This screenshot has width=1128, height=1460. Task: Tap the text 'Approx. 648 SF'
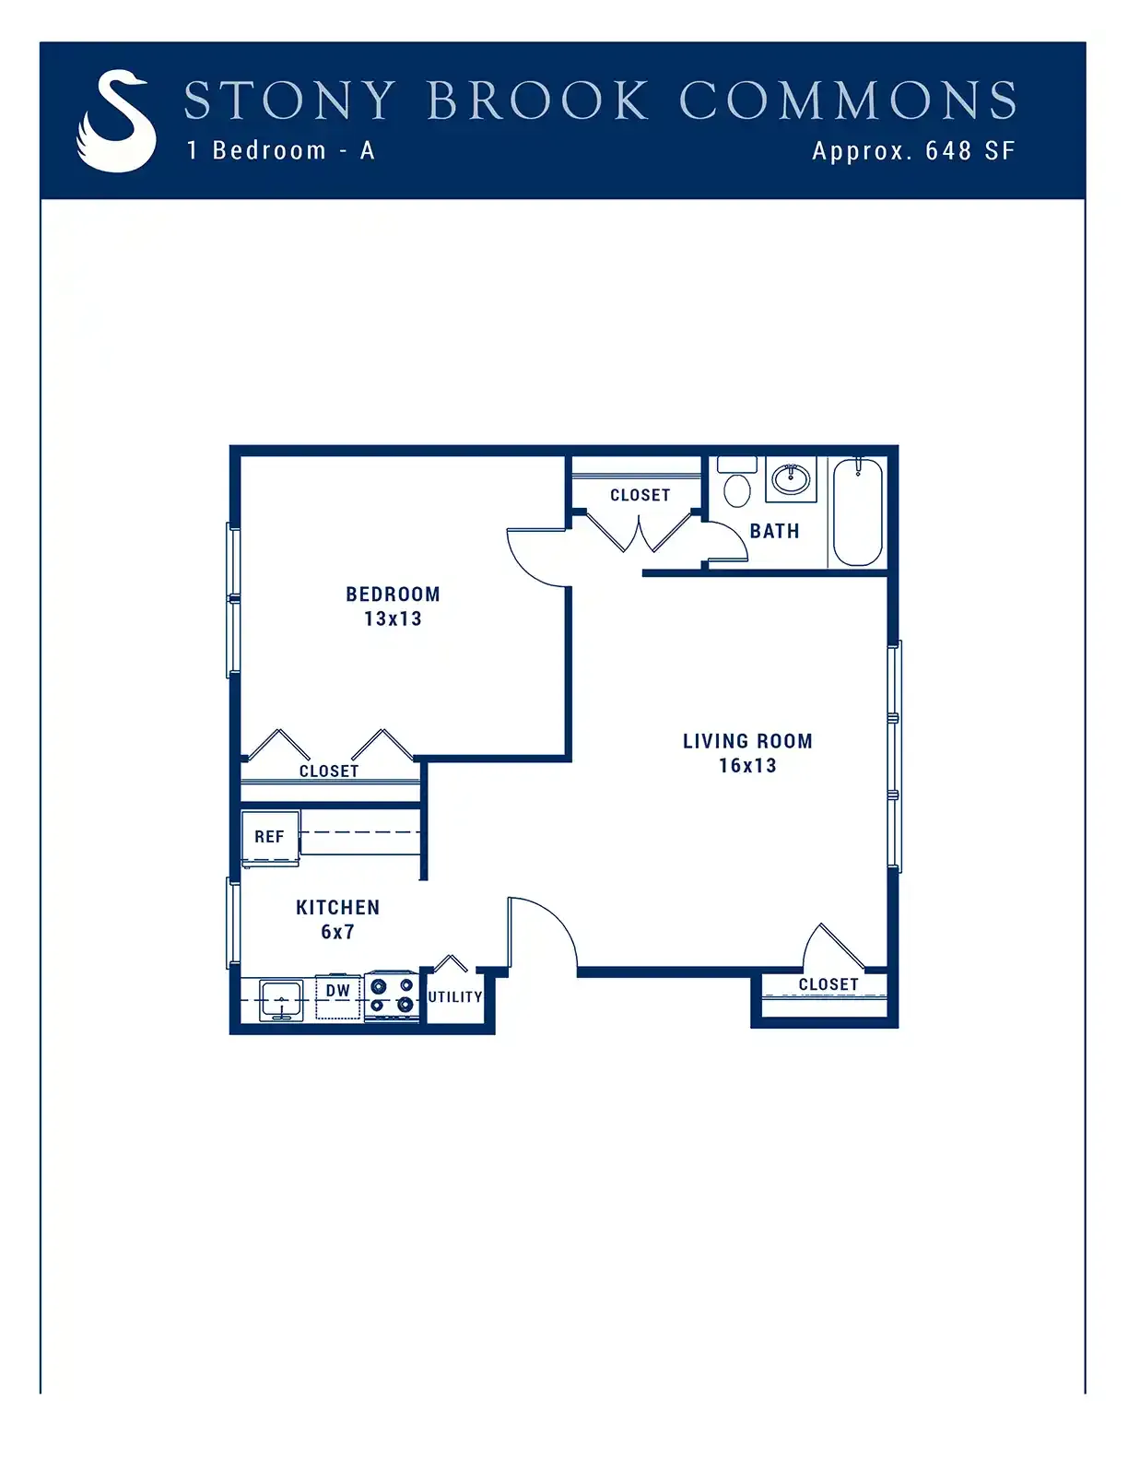point(913,150)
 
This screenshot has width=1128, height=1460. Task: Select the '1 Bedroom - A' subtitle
point(281,150)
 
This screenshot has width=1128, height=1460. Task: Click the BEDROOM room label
point(393,594)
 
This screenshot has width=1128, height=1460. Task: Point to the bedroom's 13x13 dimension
point(393,618)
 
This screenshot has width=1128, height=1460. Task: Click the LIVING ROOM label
point(747,741)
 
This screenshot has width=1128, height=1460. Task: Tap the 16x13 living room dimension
point(747,765)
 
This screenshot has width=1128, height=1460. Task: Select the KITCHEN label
point(338,908)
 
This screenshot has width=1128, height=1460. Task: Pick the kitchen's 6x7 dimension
point(337,932)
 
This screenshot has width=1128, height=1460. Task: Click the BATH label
point(775,532)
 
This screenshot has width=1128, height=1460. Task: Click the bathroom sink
point(791,479)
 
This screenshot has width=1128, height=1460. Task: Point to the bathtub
point(858,512)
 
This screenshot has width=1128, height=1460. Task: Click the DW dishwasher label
point(338,990)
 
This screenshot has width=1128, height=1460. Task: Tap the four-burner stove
point(392,995)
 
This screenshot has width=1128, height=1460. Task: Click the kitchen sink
point(281,1000)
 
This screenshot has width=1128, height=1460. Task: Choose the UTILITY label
point(455,997)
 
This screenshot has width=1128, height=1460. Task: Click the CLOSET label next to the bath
point(640,495)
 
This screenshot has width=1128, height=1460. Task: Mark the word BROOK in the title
point(538,100)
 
